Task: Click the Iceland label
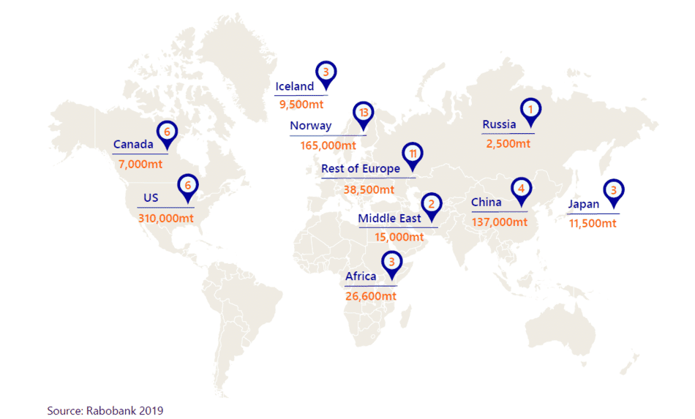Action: click(x=294, y=87)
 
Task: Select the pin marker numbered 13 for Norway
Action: click(x=363, y=113)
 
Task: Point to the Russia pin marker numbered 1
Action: click(x=530, y=110)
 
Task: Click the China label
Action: click(x=487, y=203)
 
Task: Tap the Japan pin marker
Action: click(x=615, y=191)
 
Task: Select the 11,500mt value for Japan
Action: click(x=593, y=222)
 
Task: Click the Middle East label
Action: click(x=389, y=219)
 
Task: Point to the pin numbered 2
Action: click(x=432, y=205)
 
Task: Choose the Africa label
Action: click(x=361, y=276)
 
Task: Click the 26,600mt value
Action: click(x=371, y=295)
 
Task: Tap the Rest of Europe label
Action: click(x=361, y=169)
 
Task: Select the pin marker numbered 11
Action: click(x=413, y=154)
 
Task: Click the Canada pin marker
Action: click(x=168, y=132)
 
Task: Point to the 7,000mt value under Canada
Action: click(x=140, y=164)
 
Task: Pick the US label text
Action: click(x=151, y=198)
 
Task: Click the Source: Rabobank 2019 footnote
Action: click(x=105, y=410)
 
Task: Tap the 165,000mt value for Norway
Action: click(x=328, y=146)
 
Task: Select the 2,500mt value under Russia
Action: click(x=508, y=143)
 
